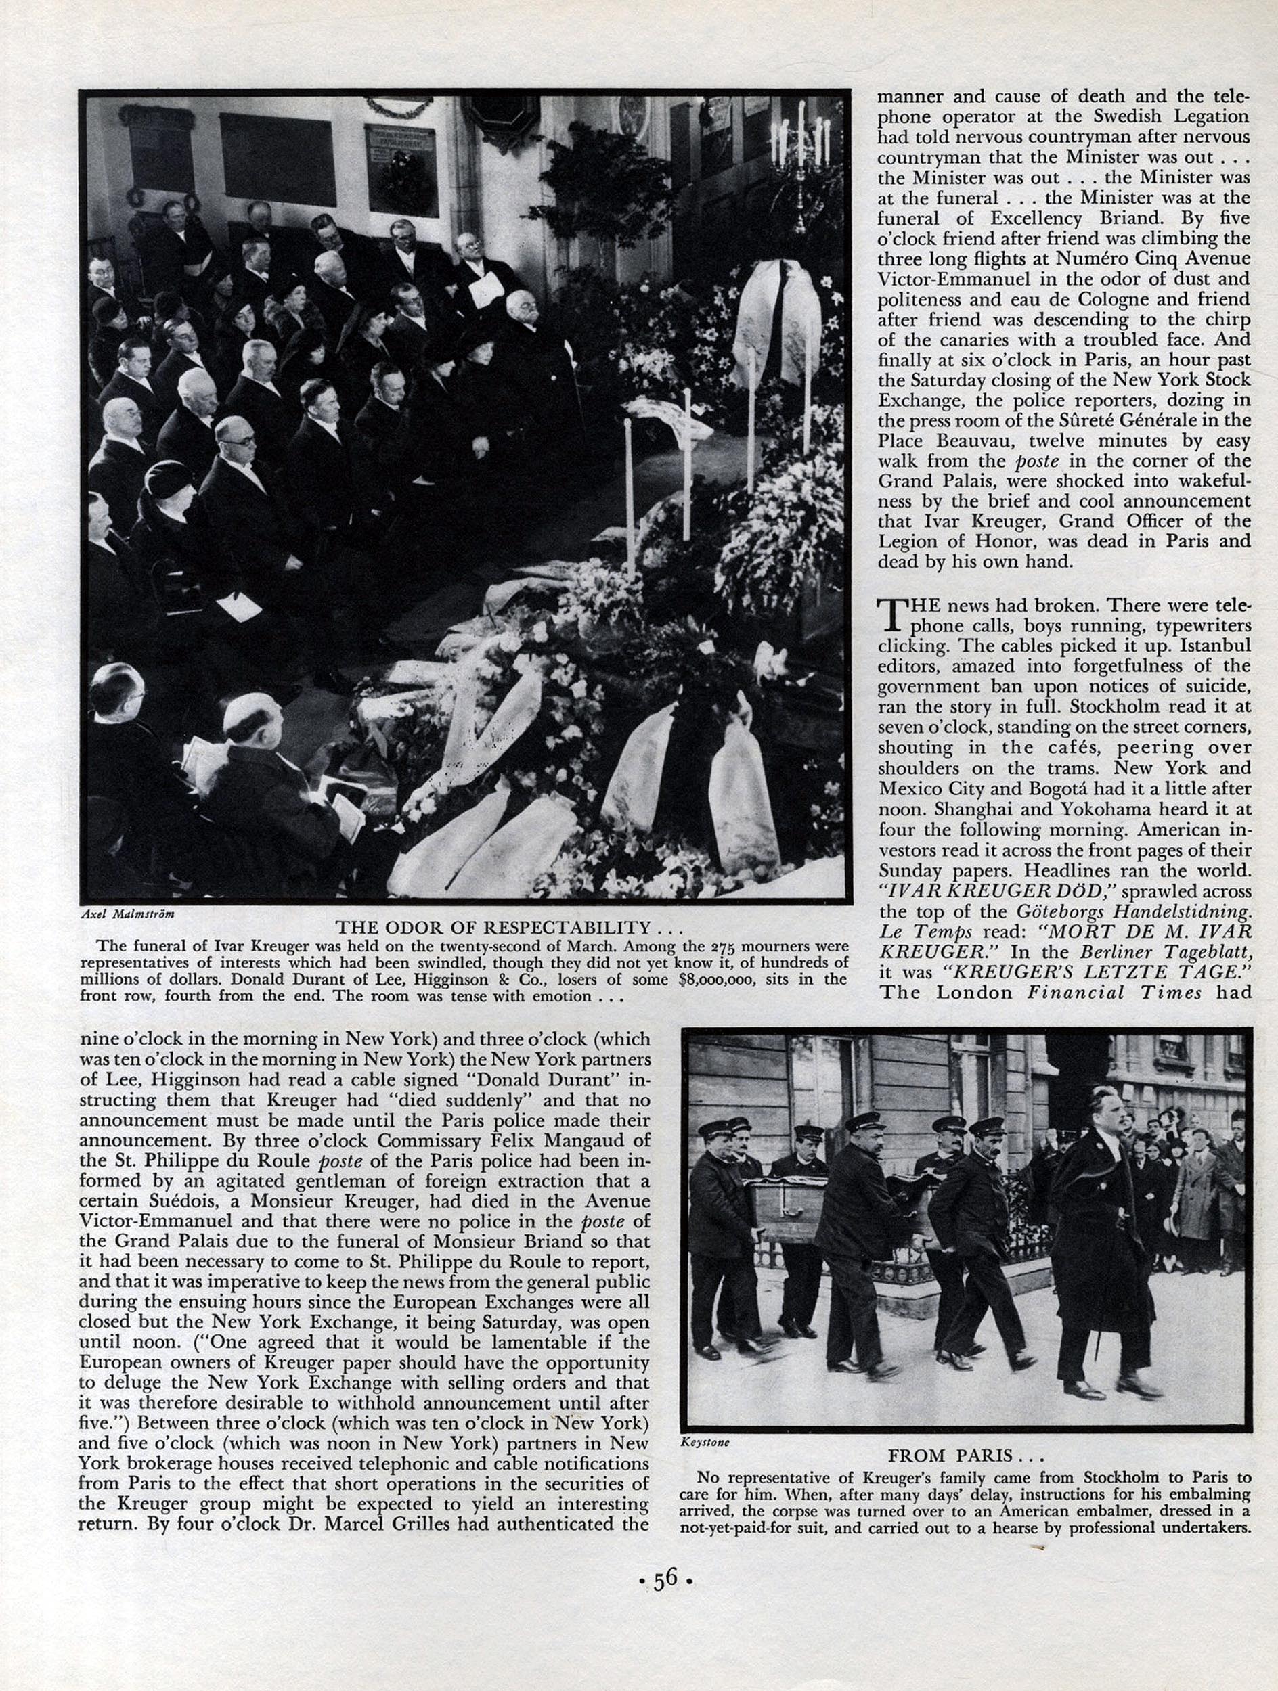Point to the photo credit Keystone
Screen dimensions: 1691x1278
coord(705,1443)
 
